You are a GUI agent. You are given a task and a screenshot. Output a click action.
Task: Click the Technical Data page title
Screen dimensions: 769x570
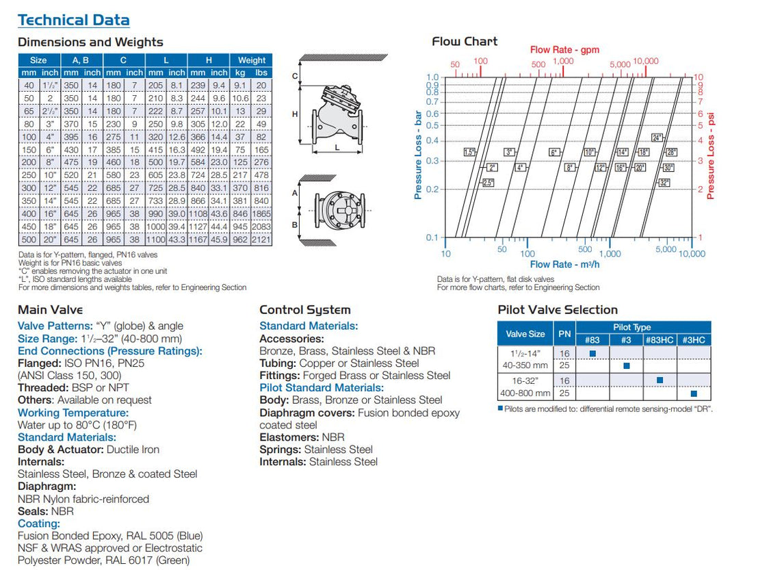(74, 20)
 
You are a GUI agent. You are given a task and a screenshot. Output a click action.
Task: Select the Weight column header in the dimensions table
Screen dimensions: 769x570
(252, 60)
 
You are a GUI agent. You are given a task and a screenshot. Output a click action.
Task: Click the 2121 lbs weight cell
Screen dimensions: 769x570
(261, 239)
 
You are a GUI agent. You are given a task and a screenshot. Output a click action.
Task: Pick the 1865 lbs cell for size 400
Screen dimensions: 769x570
(261, 214)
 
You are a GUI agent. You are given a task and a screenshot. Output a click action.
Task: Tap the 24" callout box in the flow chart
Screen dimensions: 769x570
(657, 138)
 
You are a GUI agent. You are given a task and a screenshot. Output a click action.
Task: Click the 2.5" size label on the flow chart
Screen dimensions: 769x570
(488, 183)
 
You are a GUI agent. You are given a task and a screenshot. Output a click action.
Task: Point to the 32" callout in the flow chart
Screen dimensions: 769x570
(664, 183)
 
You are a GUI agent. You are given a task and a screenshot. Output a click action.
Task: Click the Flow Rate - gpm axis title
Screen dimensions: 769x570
(564, 49)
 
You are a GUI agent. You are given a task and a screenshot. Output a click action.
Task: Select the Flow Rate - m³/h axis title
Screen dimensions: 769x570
(564, 264)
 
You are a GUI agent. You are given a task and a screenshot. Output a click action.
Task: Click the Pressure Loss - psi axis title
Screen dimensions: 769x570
(710, 156)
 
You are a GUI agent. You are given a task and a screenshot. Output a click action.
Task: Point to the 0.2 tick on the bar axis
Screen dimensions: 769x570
(432, 190)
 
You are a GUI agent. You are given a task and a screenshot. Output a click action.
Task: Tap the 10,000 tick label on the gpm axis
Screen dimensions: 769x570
(645, 61)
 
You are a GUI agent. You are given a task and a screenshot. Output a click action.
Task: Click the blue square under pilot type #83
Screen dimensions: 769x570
(592, 353)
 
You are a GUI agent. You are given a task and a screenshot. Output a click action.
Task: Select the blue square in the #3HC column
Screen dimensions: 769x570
(694, 393)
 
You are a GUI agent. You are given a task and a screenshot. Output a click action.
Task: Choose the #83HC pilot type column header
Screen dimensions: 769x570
(660, 339)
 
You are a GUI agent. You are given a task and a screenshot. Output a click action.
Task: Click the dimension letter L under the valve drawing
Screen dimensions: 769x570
(337, 147)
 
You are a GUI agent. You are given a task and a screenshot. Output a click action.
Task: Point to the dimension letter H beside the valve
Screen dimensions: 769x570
(295, 114)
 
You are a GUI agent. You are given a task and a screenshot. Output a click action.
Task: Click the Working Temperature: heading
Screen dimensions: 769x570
(73, 413)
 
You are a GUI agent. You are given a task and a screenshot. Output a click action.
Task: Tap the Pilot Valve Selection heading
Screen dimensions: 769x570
(558, 309)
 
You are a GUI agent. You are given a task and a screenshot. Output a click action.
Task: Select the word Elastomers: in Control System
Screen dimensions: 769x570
(289, 437)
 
